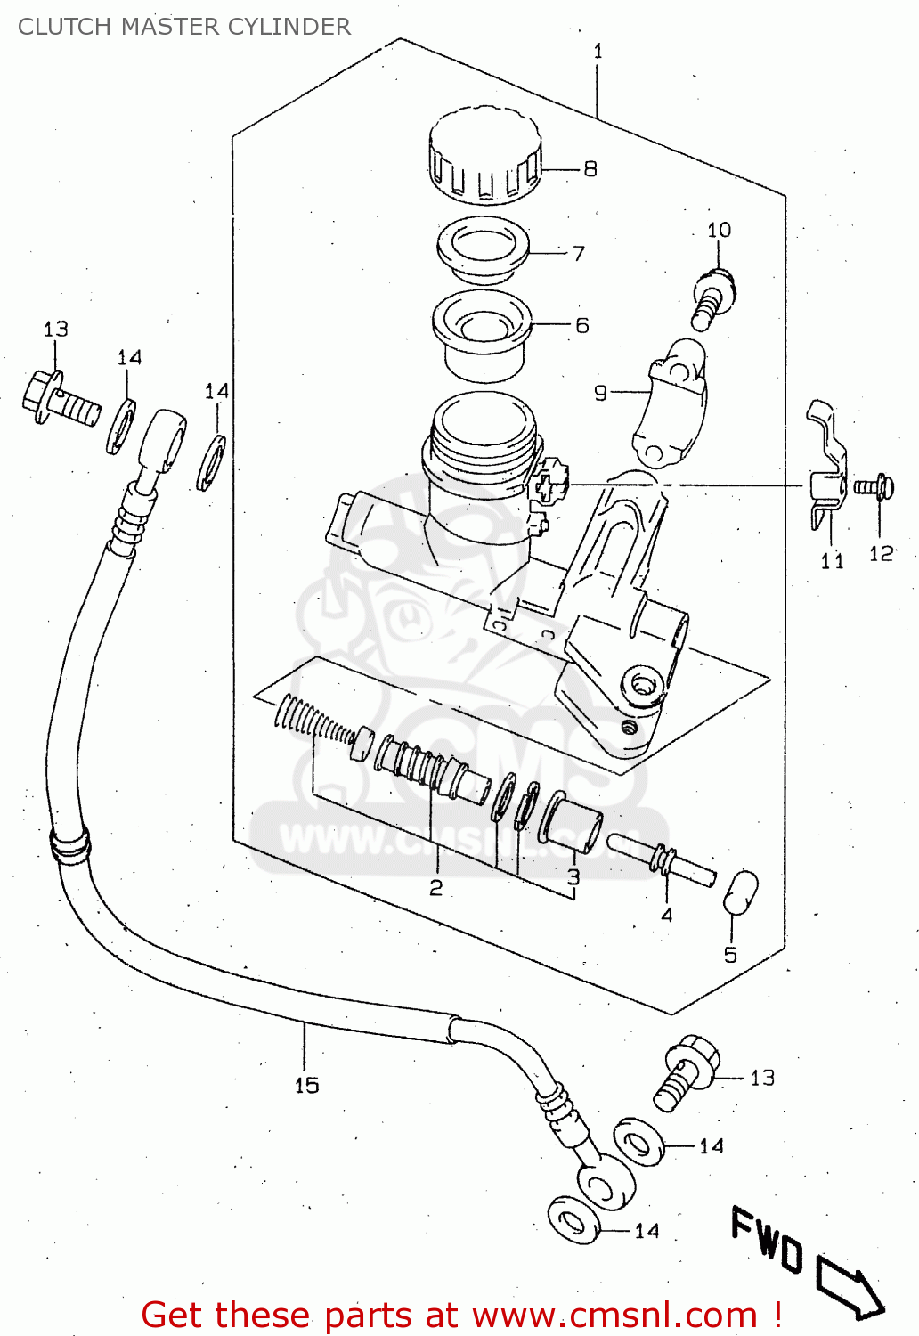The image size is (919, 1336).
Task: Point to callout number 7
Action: [579, 254]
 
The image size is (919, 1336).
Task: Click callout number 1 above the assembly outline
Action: [598, 52]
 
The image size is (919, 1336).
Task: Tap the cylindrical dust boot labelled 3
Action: [571, 821]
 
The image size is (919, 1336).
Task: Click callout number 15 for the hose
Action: [306, 1085]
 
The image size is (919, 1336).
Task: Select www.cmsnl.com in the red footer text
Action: [614, 1315]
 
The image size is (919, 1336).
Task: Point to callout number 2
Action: [435, 887]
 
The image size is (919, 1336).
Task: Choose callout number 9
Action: [601, 393]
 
